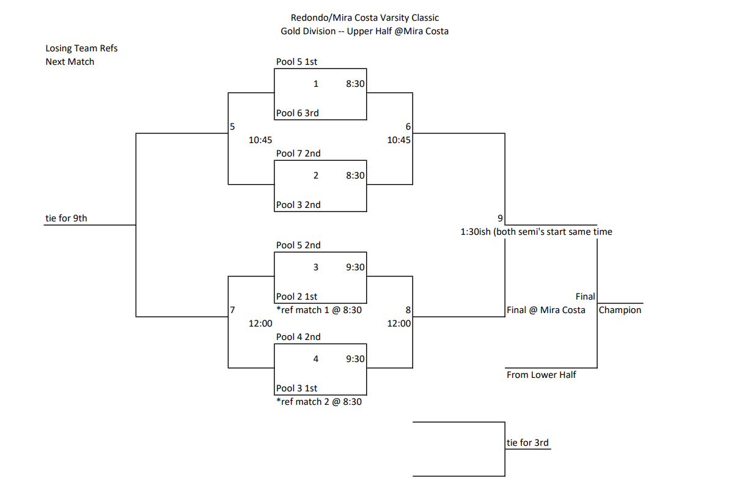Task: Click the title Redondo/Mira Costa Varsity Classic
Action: click(365, 18)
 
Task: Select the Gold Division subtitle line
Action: click(365, 31)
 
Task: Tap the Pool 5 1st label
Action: click(296, 62)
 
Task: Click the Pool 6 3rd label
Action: click(297, 113)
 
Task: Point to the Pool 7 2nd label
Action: click(298, 153)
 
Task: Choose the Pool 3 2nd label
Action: click(298, 205)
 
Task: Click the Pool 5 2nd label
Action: click(298, 245)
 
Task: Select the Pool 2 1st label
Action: click(296, 297)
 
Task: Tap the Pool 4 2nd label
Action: click(298, 337)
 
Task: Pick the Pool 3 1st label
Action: click(296, 388)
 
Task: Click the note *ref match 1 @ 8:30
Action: click(319, 310)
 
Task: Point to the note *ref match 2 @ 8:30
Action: click(319, 402)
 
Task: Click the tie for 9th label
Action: click(67, 218)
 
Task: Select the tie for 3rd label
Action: click(527, 443)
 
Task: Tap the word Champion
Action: click(620, 310)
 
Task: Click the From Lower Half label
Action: click(541, 375)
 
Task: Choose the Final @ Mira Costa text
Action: click(546, 310)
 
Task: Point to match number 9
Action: click(500, 218)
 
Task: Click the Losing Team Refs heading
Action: click(81, 48)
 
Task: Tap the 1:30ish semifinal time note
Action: click(536, 232)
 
